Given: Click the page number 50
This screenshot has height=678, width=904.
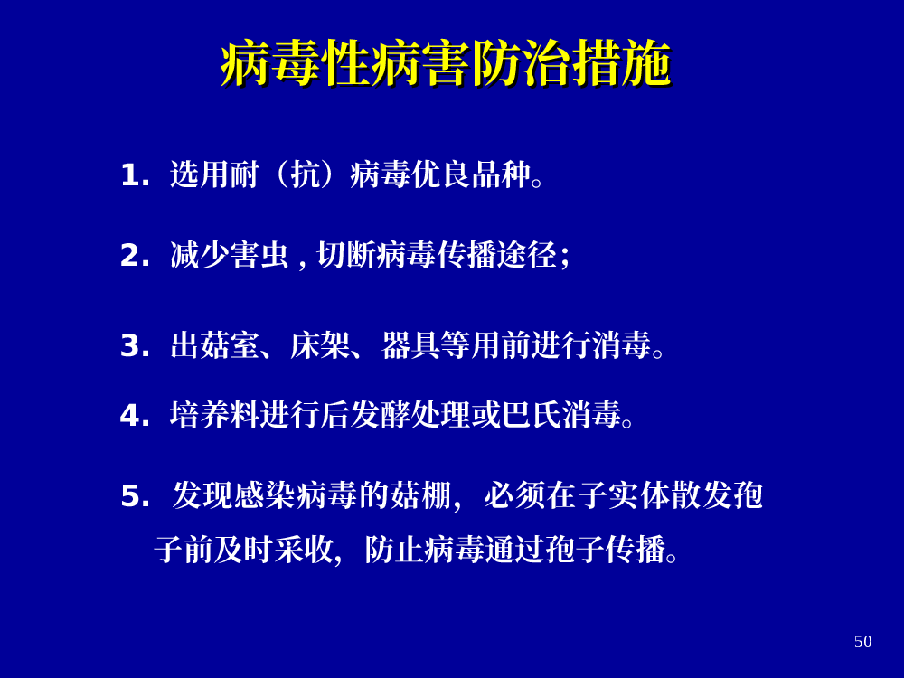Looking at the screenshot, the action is tap(862, 642).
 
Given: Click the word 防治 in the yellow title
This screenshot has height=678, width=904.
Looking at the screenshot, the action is tap(521, 63).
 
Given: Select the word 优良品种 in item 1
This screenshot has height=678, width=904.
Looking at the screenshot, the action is tap(471, 174).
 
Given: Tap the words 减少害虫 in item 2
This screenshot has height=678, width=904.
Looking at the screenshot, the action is tap(230, 255).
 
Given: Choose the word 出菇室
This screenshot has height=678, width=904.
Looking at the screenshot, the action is tap(215, 345).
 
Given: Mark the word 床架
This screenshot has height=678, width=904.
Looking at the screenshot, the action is tap(320, 345).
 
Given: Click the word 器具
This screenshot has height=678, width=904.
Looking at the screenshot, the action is tap(411, 345).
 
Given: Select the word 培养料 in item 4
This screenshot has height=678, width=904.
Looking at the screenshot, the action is tap(215, 415).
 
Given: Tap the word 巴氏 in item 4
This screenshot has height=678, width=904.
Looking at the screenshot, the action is tap(532, 415).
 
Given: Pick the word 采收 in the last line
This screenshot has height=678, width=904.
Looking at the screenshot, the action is tap(305, 550).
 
